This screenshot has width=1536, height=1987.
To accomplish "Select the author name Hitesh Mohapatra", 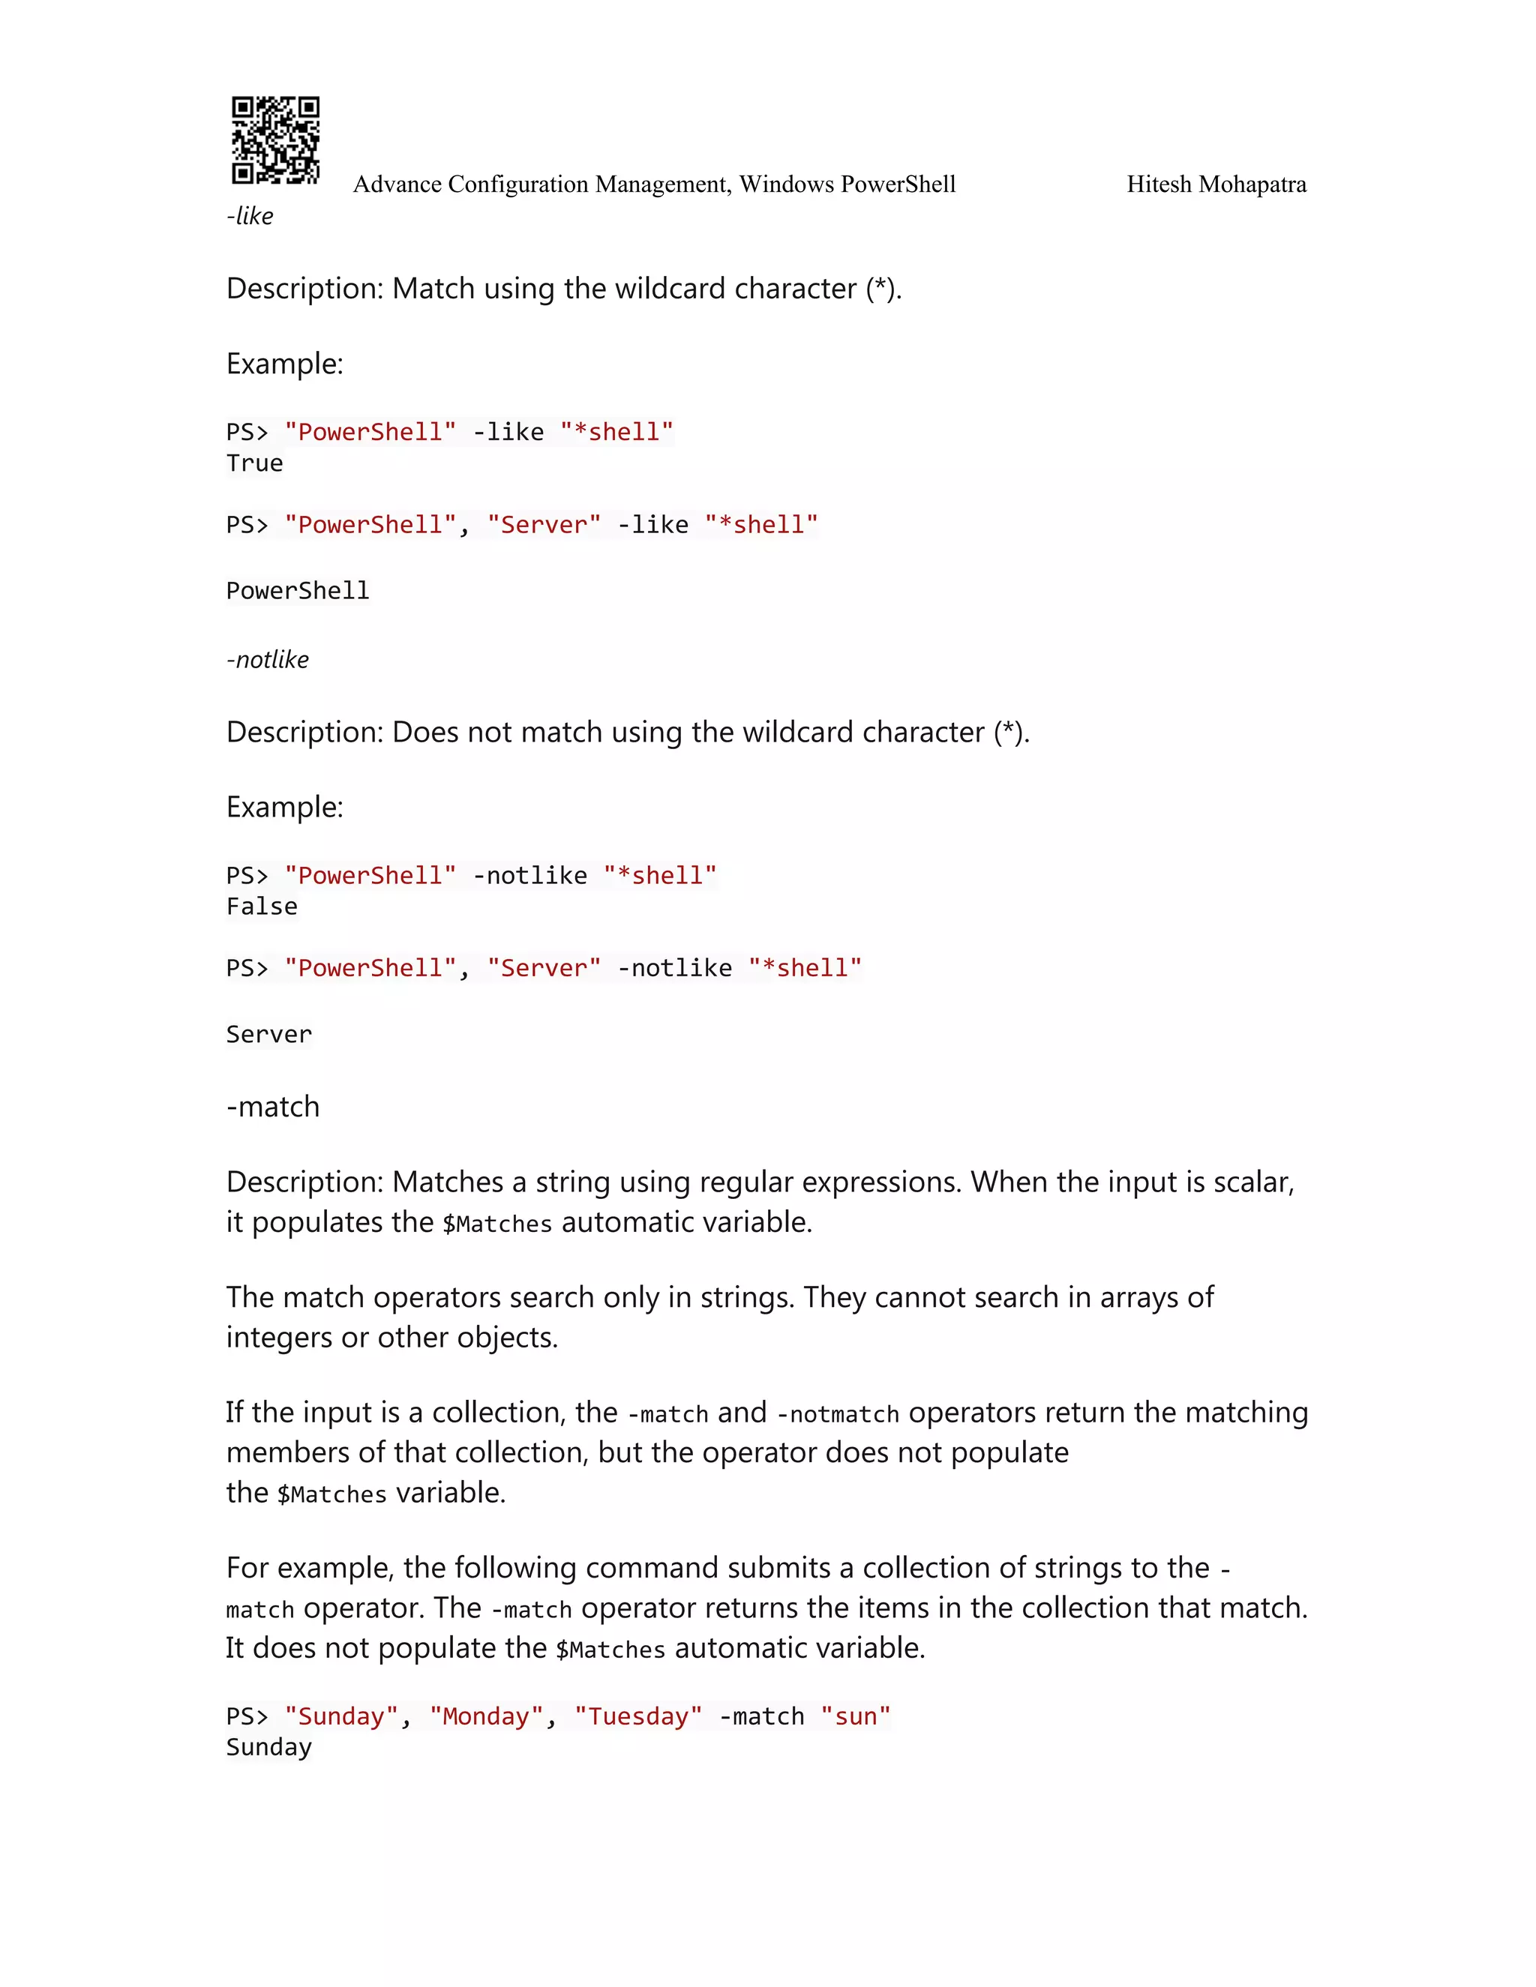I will coord(1216,184).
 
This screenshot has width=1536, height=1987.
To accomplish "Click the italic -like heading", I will coord(250,217).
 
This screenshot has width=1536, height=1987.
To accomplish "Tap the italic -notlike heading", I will coord(268,660).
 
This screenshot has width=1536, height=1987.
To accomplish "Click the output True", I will coord(255,463).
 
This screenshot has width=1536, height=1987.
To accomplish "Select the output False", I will coord(262,907).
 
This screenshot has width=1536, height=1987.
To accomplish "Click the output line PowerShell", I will coord(298,592).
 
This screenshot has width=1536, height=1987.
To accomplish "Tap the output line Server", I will coord(268,1035).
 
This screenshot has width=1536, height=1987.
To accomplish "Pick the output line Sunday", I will coord(268,1747).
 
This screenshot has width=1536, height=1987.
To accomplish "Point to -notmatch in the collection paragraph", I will coord(837,1415).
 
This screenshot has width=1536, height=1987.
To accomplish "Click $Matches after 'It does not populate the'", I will coord(610,1650).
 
